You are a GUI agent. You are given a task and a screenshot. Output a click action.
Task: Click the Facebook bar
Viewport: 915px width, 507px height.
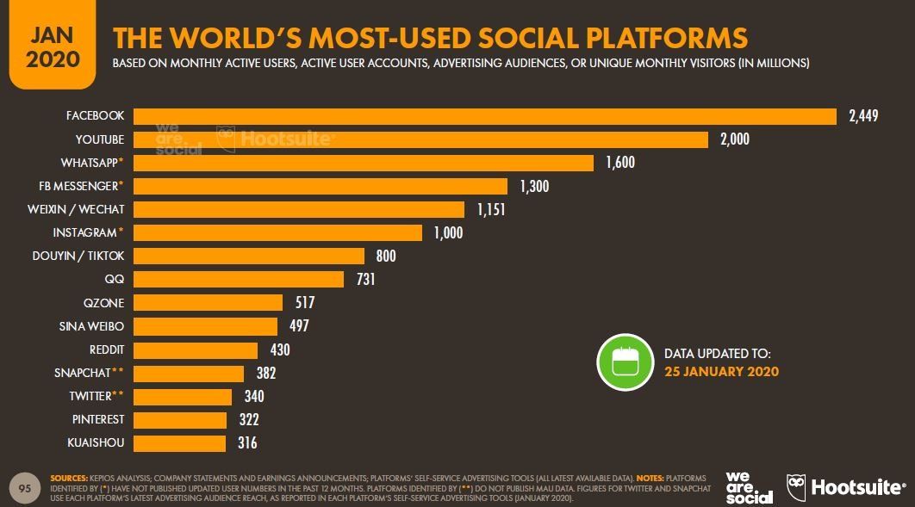[484, 116]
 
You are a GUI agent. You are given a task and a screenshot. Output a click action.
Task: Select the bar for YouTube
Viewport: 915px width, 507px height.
[420, 139]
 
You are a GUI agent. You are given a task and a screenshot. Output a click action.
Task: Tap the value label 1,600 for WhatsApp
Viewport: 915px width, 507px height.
[619, 163]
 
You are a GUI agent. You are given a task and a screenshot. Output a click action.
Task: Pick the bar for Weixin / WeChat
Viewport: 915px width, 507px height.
[298, 209]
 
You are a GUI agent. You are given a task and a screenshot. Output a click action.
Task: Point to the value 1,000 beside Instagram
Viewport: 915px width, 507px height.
[448, 232]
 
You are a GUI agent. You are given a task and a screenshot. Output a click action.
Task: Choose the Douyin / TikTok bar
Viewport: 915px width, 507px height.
[249, 256]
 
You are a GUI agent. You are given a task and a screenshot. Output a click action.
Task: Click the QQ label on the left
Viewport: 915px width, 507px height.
[115, 280]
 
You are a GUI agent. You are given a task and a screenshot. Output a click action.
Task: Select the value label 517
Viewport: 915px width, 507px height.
[304, 303]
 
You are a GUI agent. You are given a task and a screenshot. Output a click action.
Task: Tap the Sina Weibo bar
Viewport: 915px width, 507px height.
[205, 326]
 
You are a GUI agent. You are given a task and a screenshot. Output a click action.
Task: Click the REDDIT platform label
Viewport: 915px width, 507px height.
[107, 349]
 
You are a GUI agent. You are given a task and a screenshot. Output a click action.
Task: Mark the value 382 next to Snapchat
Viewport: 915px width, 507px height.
[265, 373]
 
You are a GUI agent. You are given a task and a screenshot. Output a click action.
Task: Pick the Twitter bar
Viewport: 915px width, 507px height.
[183, 396]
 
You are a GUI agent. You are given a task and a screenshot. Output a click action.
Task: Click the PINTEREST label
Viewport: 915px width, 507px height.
[98, 419]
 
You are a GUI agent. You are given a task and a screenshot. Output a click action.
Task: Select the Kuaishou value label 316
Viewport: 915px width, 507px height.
[246, 442]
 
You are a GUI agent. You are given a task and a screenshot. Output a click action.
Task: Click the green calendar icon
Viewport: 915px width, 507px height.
[625, 362]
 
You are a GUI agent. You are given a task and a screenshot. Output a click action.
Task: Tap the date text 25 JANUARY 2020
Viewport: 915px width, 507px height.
[721, 372]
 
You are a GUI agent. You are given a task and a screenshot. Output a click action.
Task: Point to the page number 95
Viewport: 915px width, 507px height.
[25, 489]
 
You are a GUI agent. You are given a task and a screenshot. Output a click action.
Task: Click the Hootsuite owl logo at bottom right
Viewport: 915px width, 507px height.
[796, 487]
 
